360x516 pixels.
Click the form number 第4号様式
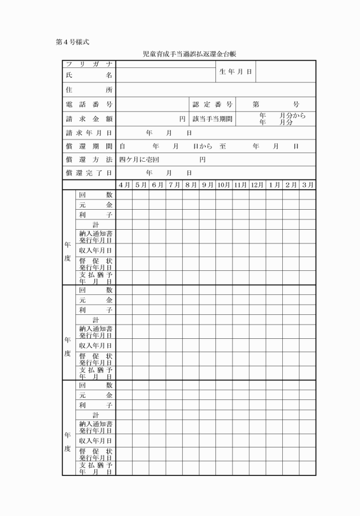pyautogui.click(x=72, y=42)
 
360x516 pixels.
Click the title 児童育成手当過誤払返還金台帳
pyautogui.click(x=190, y=54)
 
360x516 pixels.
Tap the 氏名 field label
pyautogui.click(x=89, y=75)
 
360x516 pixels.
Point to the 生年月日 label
pyautogui.click(x=235, y=71)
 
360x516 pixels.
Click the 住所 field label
pyautogui.click(x=89, y=90)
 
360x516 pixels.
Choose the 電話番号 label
pyautogui.click(x=89, y=105)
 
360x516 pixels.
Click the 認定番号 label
pyautogui.click(x=212, y=105)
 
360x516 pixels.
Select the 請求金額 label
pyautogui.click(x=89, y=119)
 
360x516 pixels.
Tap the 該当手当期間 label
pyautogui.click(x=213, y=119)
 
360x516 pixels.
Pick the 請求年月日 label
pyautogui.click(x=89, y=133)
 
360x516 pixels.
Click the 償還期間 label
pyautogui.click(x=89, y=146)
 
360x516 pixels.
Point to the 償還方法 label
pyautogui.click(x=89, y=160)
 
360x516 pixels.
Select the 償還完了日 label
pyautogui.click(x=89, y=173)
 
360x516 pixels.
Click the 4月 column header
pyautogui.click(x=124, y=185)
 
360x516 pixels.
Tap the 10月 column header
pyautogui.click(x=224, y=185)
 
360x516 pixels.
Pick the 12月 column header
pyautogui.click(x=257, y=185)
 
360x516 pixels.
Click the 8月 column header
pyautogui.click(x=191, y=185)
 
